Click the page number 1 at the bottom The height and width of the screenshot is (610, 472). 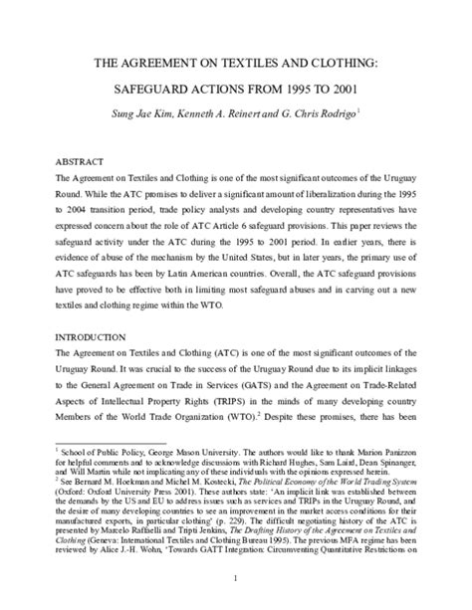click(x=236, y=579)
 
